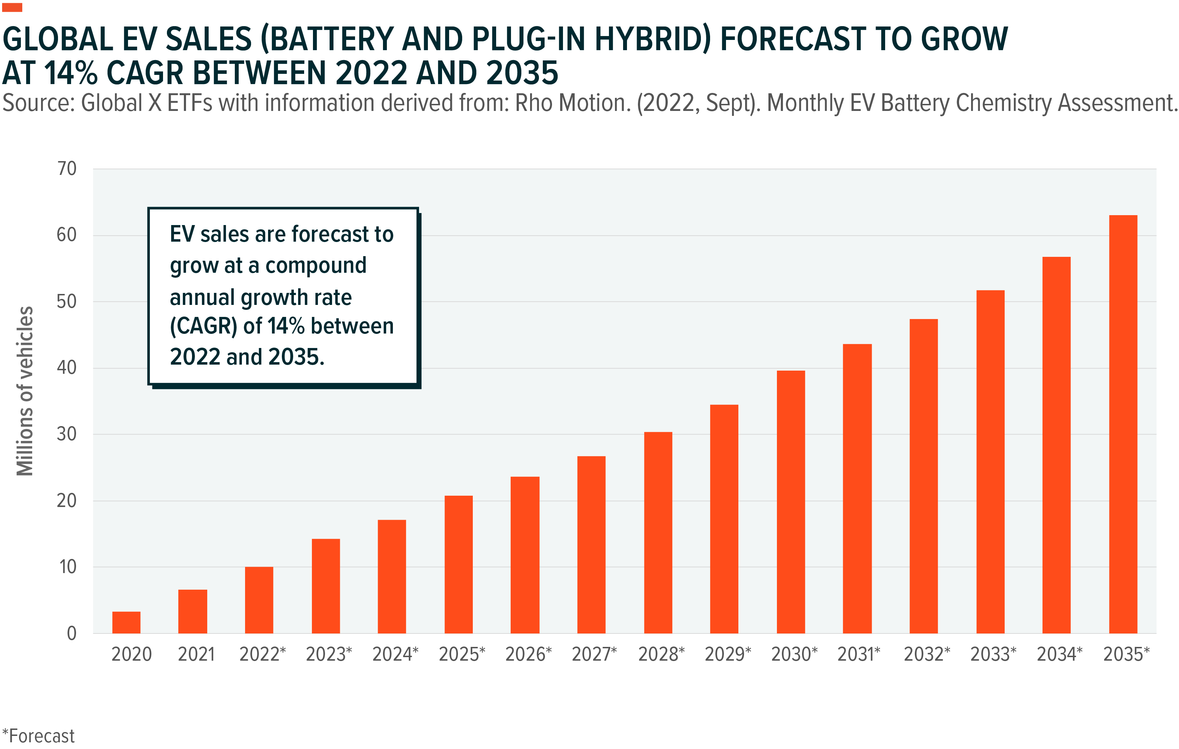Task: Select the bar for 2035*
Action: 1123,424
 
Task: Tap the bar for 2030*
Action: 791,502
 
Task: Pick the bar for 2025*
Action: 458,565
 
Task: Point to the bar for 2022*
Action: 259,600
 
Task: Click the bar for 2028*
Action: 658,532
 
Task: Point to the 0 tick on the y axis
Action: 71,633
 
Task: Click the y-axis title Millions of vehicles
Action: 24,391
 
